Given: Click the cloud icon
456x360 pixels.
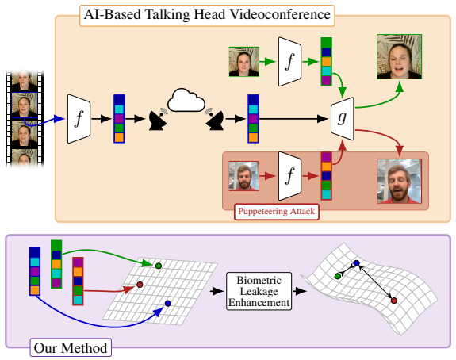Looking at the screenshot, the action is [x=186, y=101].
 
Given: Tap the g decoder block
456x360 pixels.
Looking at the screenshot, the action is [x=343, y=119].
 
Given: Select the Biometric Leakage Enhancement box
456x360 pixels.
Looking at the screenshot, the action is [x=259, y=291].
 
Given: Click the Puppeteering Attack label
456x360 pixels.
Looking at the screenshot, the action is [x=277, y=212].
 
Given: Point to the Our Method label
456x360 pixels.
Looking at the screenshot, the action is [x=71, y=348].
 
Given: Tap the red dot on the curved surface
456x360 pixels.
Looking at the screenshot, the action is [x=394, y=301].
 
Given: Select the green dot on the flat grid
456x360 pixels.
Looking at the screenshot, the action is [x=159, y=266].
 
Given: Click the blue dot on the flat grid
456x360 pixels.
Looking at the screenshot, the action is [x=168, y=303].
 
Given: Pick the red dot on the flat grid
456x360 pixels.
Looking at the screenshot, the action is [x=140, y=285].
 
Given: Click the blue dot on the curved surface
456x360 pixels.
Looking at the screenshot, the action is [x=357, y=263].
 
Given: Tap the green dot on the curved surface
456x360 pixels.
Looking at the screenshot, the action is [x=338, y=276].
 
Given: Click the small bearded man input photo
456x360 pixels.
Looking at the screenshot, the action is [x=243, y=176].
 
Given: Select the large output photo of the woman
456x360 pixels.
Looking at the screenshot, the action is [x=399, y=57].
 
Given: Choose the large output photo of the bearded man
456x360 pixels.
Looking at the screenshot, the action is [x=399, y=181].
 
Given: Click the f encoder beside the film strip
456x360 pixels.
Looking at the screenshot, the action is [x=79, y=119].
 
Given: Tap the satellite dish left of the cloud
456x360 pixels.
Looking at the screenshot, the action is [x=158, y=119].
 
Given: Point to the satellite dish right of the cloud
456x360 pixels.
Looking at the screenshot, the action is [x=214, y=119].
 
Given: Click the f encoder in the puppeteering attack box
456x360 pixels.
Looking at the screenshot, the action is [x=290, y=176].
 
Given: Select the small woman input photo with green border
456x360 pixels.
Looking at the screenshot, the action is [x=243, y=62].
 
